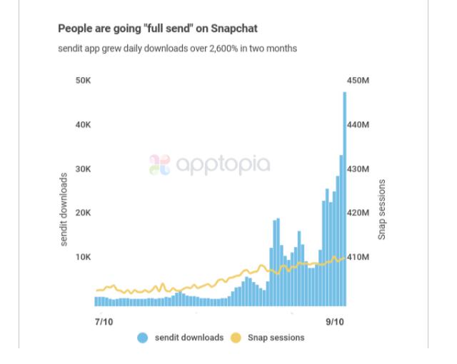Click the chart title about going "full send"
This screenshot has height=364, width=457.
coord(157,29)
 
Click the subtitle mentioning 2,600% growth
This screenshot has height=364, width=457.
coord(177,49)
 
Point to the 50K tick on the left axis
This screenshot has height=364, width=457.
coord(83,81)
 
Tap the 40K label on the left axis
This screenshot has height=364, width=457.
coord(83,125)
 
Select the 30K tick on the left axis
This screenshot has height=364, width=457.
coord(83,169)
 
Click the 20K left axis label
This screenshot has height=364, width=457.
coord(83,213)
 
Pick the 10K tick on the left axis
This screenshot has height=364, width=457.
coord(83,257)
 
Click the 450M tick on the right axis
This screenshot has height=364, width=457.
coord(358,81)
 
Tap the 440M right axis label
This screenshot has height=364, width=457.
coord(358,125)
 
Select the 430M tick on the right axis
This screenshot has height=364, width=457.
coord(358,169)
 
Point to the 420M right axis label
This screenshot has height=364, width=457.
coord(358,213)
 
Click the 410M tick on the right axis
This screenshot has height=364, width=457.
coord(358,257)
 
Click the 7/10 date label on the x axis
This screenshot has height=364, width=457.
coord(104,322)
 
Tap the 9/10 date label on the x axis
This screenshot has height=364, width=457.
coord(334,322)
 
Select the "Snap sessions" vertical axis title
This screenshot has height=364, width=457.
coord(381,209)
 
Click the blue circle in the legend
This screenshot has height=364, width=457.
coord(143,338)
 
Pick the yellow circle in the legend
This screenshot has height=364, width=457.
coord(236,338)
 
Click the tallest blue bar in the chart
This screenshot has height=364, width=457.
coord(344,200)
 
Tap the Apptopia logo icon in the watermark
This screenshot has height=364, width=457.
coord(159,165)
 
